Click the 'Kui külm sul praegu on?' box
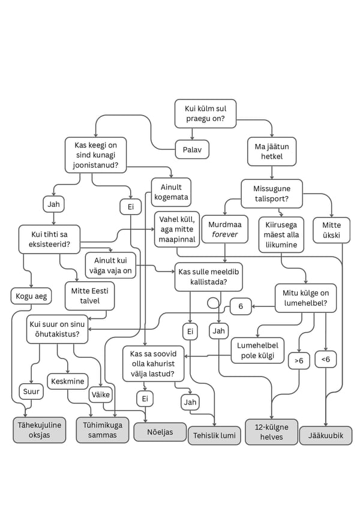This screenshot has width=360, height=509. (x=205, y=113)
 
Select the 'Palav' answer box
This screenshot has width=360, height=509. (x=192, y=149)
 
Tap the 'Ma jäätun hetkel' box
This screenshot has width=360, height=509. (x=272, y=151)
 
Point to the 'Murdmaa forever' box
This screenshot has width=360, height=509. (x=225, y=229)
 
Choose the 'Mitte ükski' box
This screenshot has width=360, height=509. (x=331, y=230)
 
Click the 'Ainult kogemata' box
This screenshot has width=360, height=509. (x=171, y=192)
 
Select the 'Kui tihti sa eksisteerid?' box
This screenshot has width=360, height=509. (x=49, y=239)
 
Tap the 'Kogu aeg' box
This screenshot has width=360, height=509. (x=31, y=296)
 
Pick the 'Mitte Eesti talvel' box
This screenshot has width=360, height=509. (x=89, y=296)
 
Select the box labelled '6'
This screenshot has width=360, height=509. (x=241, y=306)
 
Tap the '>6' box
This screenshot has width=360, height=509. (x=298, y=360)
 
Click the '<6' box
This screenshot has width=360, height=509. (x=325, y=359)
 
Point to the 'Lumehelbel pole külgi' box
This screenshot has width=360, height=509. (x=257, y=350)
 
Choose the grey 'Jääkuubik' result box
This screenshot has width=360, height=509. (x=325, y=435)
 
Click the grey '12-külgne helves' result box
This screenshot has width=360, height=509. (x=271, y=432)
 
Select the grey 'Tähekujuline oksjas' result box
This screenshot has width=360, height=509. (x=39, y=430)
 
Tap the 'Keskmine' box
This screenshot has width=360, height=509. (x=67, y=381)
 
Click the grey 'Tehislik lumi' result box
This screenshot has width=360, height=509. (x=214, y=435)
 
